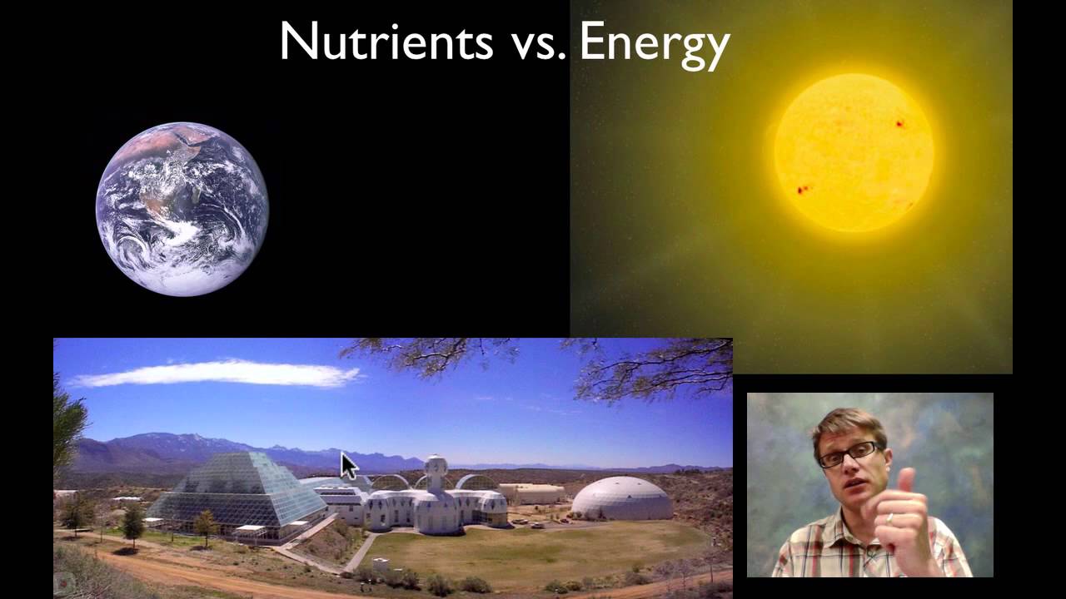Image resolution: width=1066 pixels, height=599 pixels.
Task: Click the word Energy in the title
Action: coord(654,43)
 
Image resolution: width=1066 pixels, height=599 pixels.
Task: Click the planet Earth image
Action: coord(182,208)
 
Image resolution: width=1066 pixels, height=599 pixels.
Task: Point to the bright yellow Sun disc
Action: coord(854,152)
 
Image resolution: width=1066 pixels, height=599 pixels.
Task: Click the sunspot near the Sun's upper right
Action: coord(900,124)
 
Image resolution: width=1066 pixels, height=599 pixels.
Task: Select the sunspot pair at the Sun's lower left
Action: coord(804,190)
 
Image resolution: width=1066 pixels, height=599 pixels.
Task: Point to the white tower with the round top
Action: coord(436,473)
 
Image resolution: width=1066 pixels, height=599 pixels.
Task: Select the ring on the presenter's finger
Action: coord(890,519)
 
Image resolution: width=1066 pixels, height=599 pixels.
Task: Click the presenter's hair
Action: coord(841,424)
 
